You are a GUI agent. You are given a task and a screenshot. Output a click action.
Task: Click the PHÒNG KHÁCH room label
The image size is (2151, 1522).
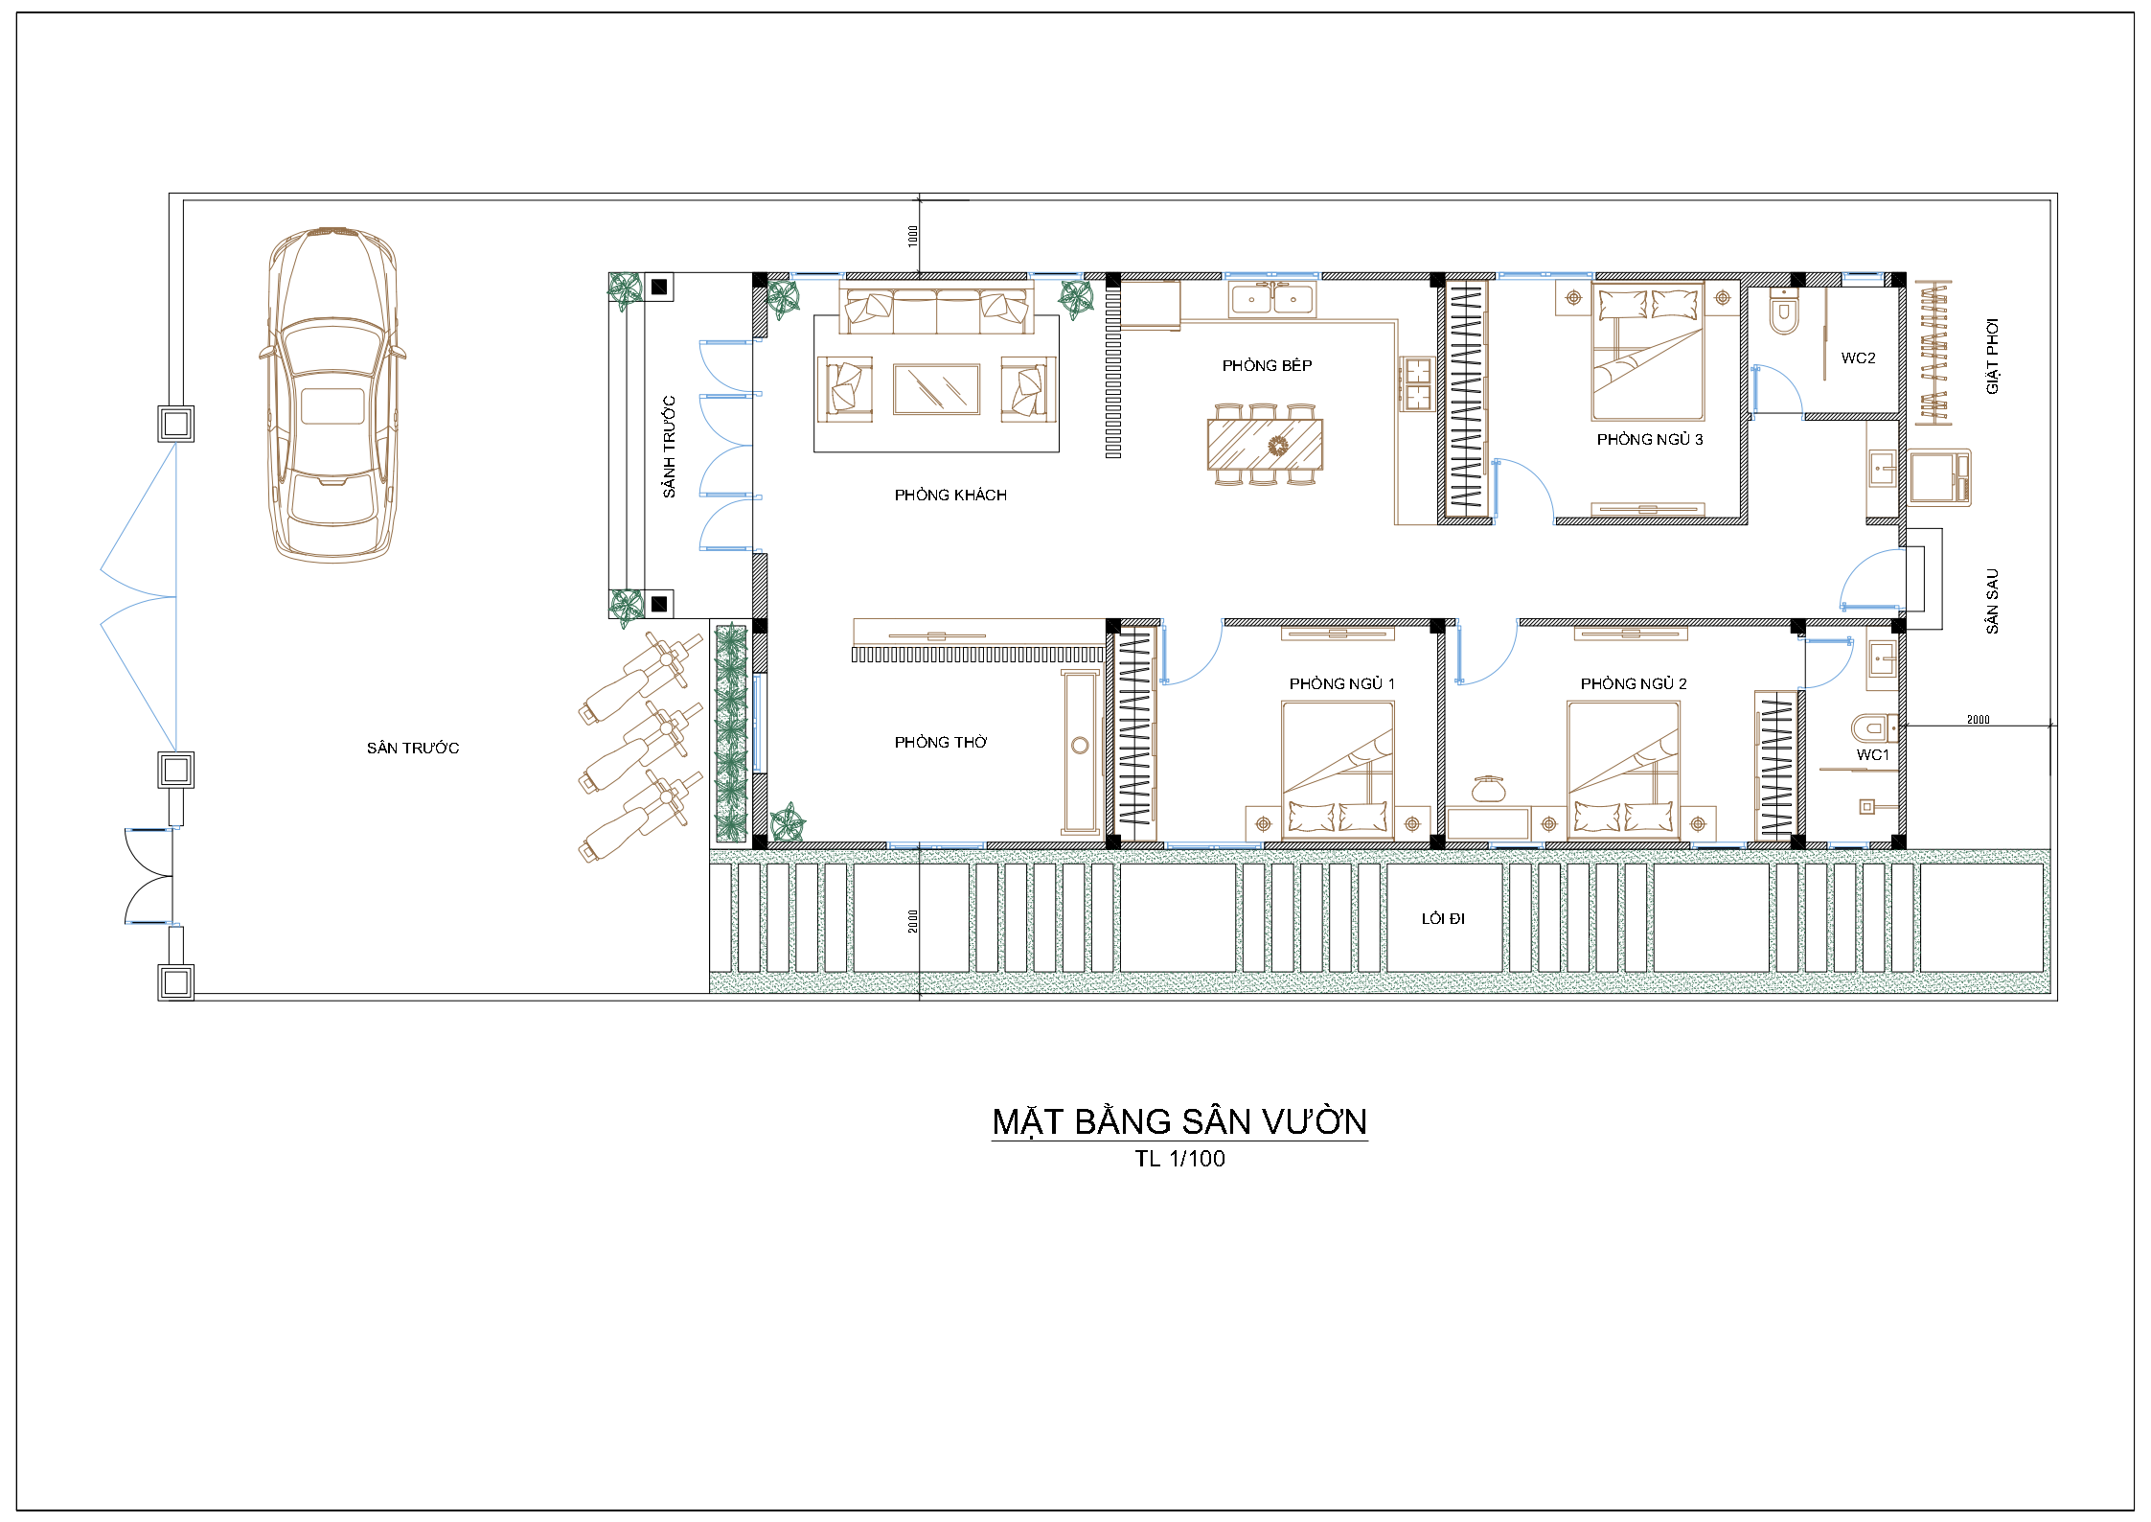pos(950,495)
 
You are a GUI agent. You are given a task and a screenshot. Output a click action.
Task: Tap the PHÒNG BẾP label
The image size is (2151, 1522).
pos(1267,365)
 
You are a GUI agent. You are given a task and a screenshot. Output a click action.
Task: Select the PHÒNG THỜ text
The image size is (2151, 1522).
pos(940,742)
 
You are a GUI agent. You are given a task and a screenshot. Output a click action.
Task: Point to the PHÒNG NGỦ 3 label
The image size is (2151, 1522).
pos(1650,439)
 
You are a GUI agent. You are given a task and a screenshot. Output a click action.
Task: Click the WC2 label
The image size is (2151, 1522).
pos(1858,357)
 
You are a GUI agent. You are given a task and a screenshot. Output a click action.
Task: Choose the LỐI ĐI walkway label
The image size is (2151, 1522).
pos(1443,918)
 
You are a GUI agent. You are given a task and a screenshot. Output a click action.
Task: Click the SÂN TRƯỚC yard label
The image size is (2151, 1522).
pos(413,748)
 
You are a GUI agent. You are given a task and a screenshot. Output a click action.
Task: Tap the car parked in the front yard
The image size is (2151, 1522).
pos(332,394)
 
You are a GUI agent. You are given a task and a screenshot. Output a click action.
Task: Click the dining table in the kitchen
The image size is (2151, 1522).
pos(1265,445)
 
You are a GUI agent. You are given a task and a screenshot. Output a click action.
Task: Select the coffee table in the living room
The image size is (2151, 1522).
pos(936,389)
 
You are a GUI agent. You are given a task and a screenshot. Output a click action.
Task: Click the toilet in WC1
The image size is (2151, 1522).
pos(1873,728)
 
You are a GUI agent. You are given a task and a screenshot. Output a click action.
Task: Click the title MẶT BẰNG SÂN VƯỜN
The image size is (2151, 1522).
pos(1179,1121)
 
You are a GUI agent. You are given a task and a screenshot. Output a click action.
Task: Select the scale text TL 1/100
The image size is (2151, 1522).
pos(1179,1159)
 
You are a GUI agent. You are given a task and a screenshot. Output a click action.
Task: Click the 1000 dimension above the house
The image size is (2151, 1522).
pos(913,236)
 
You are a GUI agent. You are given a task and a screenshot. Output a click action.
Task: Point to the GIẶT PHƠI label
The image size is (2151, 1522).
pos(1993,356)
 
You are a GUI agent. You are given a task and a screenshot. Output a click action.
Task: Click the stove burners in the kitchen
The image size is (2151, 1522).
pos(1416,383)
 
